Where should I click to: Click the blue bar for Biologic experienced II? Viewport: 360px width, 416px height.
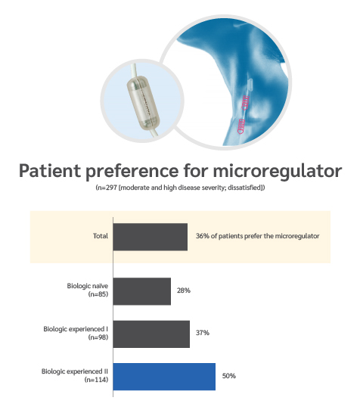coord(164,377)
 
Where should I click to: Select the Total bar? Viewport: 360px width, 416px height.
coord(151,237)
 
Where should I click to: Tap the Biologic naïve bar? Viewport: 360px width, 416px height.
coord(142,291)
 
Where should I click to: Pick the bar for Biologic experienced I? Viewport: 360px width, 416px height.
coord(151,334)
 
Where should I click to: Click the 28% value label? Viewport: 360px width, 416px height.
coord(184,290)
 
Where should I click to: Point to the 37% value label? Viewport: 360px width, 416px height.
coord(203,333)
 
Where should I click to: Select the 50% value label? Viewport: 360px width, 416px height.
coord(229,376)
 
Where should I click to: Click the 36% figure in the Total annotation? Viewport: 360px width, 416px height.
coord(203,236)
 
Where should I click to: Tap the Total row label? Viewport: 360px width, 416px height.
coord(101,236)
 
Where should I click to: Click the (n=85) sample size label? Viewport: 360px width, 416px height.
coord(98,294)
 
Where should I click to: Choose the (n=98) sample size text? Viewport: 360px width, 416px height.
coord(98,337)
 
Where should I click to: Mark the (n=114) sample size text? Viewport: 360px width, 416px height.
coord(96,380)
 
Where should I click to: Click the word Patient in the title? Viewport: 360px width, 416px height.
coord(50,171)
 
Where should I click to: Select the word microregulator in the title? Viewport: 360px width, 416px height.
coord(278,171)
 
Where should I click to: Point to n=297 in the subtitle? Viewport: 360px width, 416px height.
coord(108,188)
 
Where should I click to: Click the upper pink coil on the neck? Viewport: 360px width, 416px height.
coord(246,103)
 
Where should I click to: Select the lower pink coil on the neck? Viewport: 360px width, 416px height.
coord(241,126)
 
